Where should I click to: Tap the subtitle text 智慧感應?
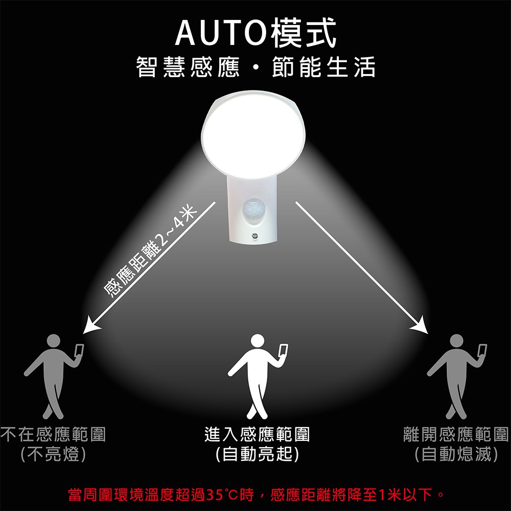188,67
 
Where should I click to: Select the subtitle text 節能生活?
323,67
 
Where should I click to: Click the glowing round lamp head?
253,134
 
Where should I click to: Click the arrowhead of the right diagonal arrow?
420,325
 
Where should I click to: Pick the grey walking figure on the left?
53,377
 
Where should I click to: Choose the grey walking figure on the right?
456,377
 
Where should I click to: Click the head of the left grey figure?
54,341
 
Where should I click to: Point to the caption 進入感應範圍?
257,434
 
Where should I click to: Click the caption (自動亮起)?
257,454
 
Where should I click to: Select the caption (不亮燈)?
53,454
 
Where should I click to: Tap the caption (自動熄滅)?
456,454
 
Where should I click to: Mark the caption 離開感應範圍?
456,434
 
